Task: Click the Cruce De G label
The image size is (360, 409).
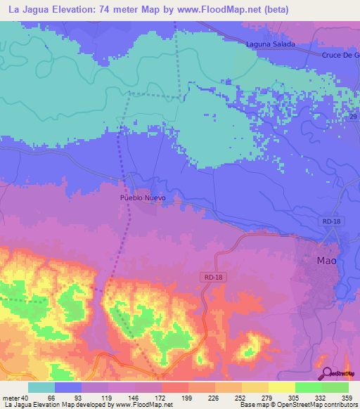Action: (x=340, y=55)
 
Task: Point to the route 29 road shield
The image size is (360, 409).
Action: (x=353, y=115)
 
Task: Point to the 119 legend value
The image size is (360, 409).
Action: (x=107, y=398)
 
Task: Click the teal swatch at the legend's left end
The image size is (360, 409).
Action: (x=41, y=387)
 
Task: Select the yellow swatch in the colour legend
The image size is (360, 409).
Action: (x=281, y=387)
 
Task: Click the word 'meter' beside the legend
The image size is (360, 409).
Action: (x=11, y=398)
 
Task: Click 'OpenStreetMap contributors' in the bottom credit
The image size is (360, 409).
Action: (x=316, y=405)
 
